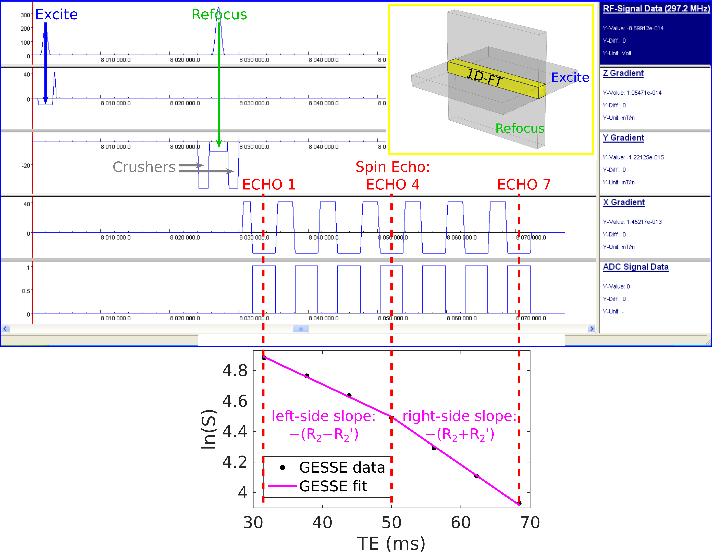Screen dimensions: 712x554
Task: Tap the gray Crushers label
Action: pyautogui.click(x=144, y=167)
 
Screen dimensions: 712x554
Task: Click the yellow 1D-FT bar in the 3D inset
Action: pyautogui.click(x=496, y=79)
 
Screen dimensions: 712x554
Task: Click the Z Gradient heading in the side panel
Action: pyautogui.click(x=623, y=73)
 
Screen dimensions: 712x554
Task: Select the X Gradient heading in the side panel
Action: pyautogui.click(x=624, y=202)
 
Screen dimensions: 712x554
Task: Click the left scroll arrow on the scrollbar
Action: pyautogui.click(x=5, y=329)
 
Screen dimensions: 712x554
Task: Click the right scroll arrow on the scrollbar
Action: pyautogui.click(x=592, y=329)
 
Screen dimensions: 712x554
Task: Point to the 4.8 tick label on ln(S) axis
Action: pyautogui.click(x=235, y=371)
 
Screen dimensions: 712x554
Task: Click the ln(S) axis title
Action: pyautogui.click(x=209, y=429)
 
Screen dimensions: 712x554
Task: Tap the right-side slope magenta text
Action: pyautogui.click(x=460, y=425)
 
